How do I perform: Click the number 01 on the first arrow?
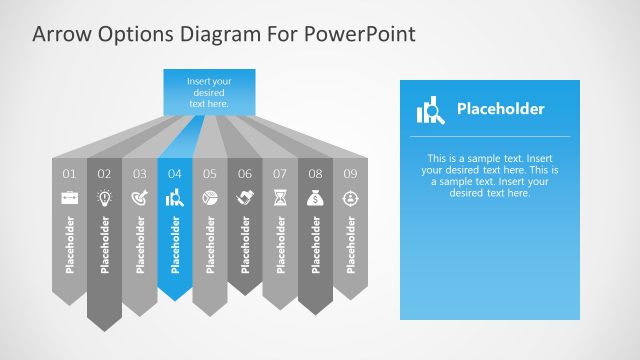tap(69, 174)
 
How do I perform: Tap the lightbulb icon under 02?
tap(104, 198)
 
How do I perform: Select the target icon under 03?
tap(139, 198)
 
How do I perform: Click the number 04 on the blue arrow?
tap(174, 174)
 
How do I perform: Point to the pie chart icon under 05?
tap(209, 198)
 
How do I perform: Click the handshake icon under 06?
tap(244, 198)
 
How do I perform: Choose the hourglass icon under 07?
tap(280, 198)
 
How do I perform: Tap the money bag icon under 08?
tap(315, 198)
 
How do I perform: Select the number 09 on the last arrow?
tap(350, 174)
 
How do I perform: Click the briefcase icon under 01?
tap(69, 198)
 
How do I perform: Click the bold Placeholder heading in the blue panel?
tap(500, 109)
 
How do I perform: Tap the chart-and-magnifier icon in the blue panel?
tap(430, 109)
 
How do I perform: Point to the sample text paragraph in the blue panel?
tap(489, 175)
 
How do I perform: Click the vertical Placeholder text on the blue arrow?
tap(175, 244)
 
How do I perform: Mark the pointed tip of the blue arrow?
tap(175, 297)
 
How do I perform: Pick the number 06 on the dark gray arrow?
tap(244, 174)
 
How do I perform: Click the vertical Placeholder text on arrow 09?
tap(350, 244)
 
